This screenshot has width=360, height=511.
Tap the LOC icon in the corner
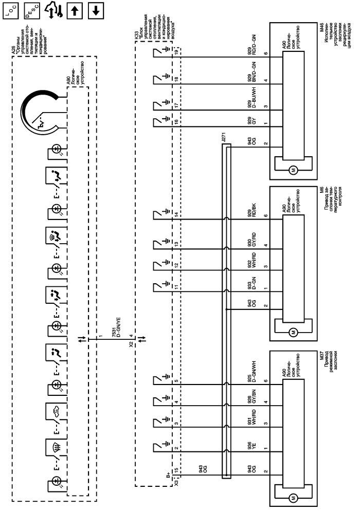tap(9, 9)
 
